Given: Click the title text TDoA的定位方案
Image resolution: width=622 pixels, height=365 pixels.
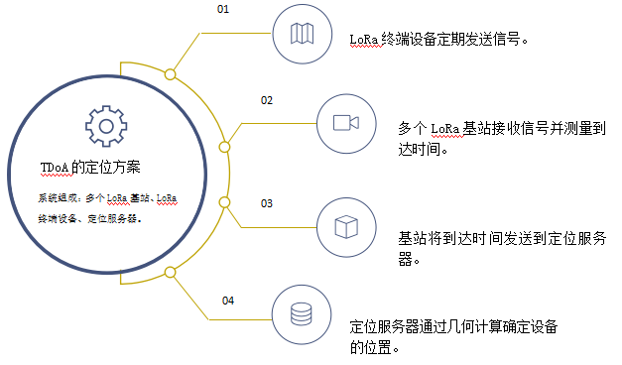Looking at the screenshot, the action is (x=89, y=167).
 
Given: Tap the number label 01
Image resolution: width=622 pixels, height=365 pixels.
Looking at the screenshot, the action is (x=223, y=9).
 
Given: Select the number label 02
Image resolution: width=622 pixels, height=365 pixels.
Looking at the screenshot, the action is (x=267, y=100).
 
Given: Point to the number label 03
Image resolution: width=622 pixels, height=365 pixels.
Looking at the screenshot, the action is (x=267, y=203).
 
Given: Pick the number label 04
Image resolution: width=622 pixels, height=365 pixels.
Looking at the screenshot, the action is (x=228, y=300).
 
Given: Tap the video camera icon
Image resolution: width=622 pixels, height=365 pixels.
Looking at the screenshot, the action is (x=345, y=122).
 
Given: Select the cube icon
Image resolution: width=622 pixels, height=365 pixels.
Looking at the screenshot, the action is (x=345, y=226).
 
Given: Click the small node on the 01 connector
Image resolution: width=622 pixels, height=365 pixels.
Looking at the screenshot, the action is (x=171, y=74).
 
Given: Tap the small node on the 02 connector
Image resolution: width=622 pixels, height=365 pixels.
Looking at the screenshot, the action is (x=224, y=148).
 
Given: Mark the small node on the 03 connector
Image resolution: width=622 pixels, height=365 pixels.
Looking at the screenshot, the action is (x=224, y=202).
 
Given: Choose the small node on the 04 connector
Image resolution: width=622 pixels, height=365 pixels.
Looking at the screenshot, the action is (x=171, y=272).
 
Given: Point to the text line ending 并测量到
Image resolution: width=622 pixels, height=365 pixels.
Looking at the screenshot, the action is (x=501, y=129).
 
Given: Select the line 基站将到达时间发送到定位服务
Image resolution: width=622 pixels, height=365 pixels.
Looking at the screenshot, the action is (x=503, y=239).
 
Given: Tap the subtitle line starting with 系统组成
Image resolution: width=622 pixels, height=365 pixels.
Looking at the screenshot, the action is (x=107, y=198).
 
